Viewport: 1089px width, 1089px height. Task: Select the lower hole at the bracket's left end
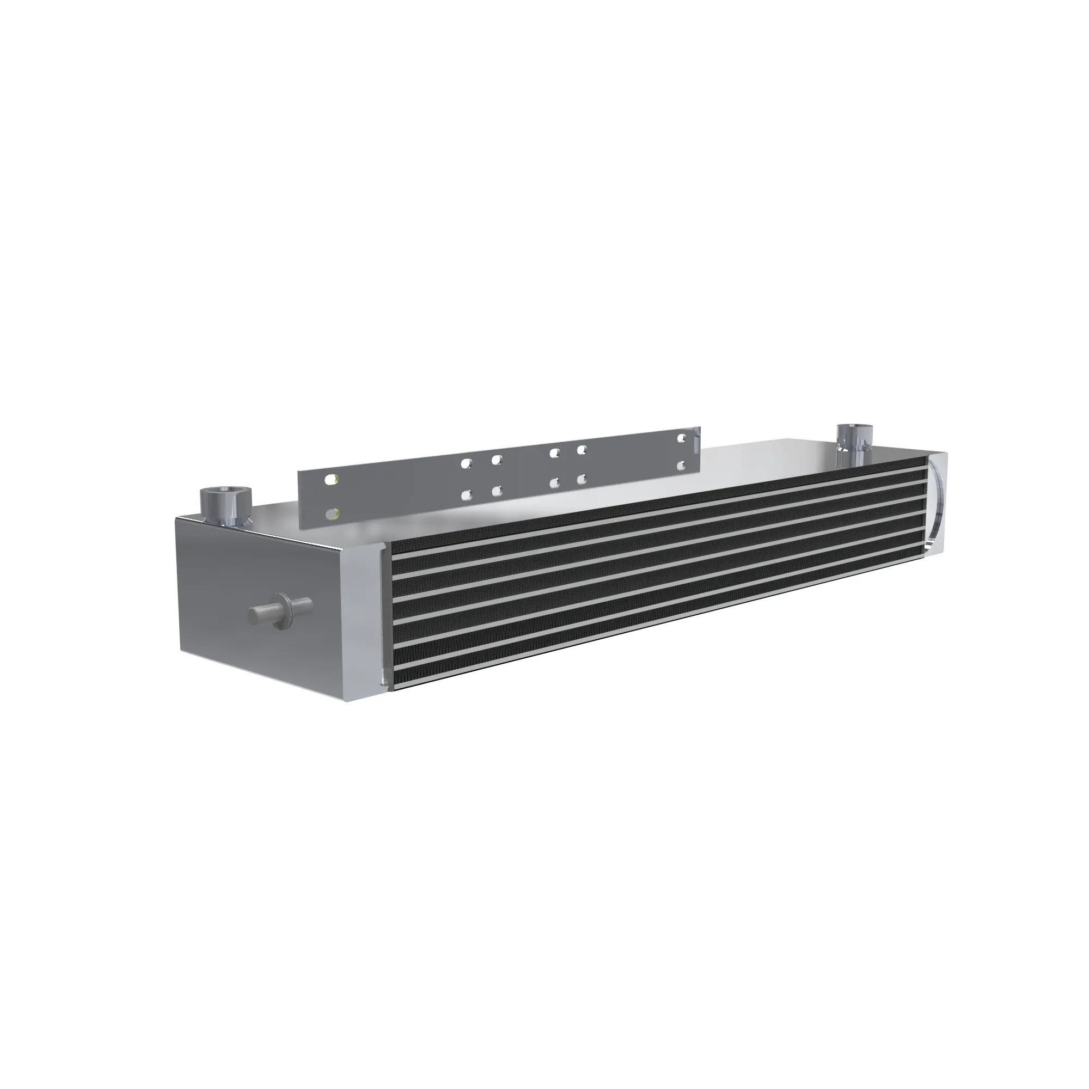tap(333, 513)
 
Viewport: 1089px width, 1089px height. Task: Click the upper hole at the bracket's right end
tap(683, 436)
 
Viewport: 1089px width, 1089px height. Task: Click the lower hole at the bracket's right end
tap(683, 466)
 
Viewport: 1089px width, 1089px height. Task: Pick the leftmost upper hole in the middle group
tap(466, 463)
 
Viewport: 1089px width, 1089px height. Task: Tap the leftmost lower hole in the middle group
tap(467, 495)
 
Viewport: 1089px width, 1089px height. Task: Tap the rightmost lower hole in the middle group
tap(582, 479)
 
